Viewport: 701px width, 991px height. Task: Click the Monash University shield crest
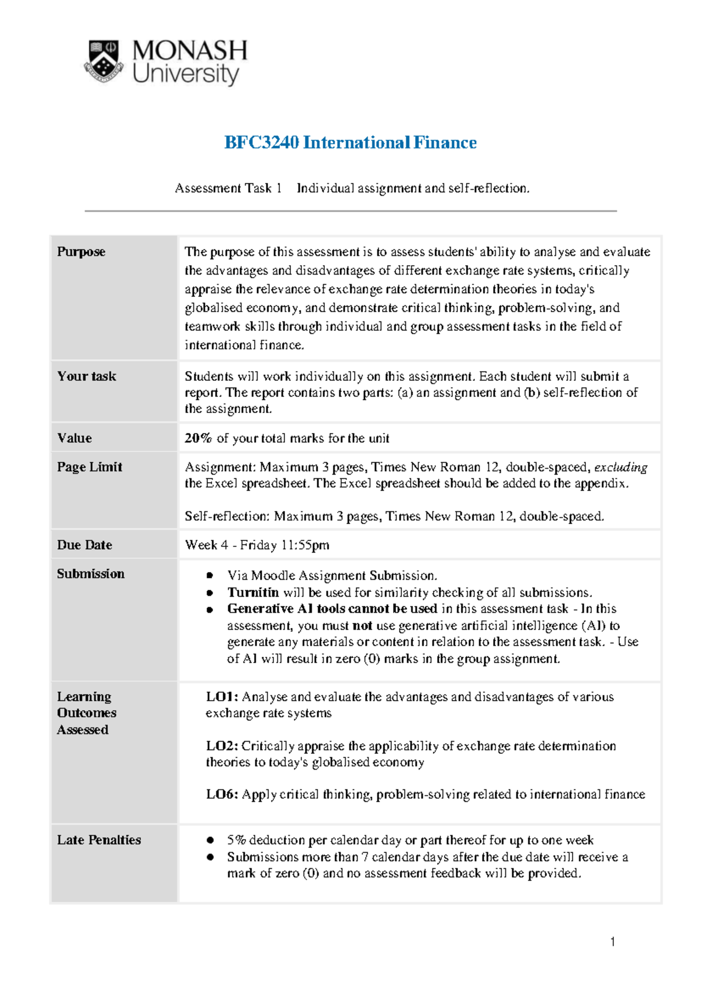[104, 61]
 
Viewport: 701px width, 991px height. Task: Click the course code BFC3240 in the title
[261, 143]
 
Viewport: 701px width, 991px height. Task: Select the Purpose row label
[81, 252]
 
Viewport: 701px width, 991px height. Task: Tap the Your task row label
[86, 376]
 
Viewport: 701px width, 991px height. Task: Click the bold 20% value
[198, 438]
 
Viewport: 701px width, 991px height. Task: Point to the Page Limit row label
[89, 467]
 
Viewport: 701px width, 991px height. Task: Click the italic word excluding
[620, 467]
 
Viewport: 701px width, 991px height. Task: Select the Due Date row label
[85, 545]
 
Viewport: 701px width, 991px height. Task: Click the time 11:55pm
[305, 545]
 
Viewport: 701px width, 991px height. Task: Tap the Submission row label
[91, 574]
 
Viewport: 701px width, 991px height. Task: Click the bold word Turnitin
[253, 592]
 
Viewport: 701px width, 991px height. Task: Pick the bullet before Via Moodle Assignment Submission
[210, 576]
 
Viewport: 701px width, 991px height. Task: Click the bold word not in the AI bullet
[362, 626]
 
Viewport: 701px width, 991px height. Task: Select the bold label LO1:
[222, 697]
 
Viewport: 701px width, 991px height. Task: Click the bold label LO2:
[222, 746]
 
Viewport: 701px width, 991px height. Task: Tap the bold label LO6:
[222, 795]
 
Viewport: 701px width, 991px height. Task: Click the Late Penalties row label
[99, 840]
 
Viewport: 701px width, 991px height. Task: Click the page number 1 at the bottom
[612, 941]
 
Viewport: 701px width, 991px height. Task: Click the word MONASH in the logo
[190, 51]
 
